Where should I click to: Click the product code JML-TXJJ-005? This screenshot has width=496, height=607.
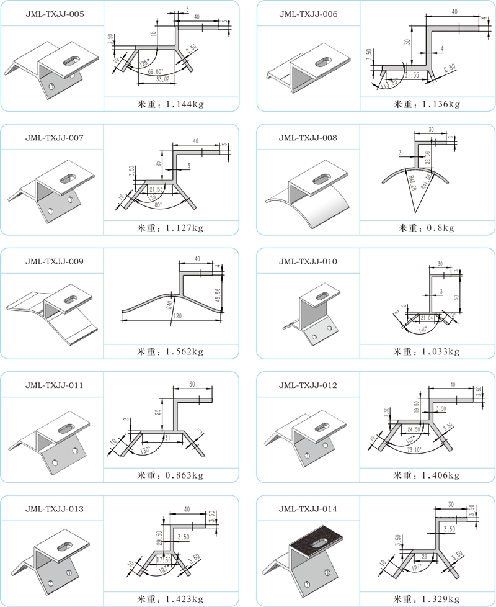[51, 14]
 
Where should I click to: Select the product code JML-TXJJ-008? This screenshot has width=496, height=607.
[308, 137]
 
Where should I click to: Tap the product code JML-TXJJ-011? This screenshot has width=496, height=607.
[51, 385]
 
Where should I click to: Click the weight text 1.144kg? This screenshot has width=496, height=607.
[170, 104]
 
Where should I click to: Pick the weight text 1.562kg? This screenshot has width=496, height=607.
[170, 352]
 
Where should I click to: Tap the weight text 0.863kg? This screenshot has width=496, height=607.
[170, 475]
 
